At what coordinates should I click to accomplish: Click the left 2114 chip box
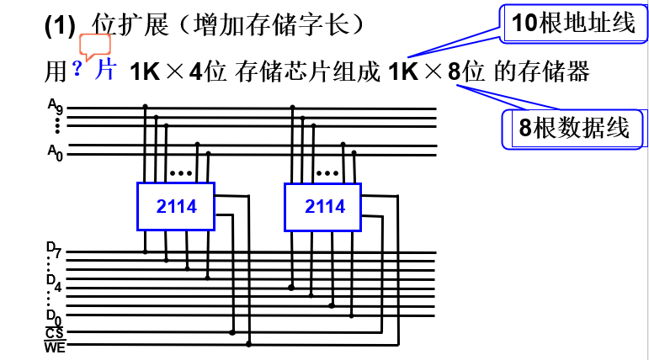pyautogui.click(x=176, y=206)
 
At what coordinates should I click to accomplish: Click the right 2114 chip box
pyautogui.click(x=323, y=206)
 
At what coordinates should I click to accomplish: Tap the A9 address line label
pyautogui.click(x=55, y=107)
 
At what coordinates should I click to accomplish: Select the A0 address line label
pyautogui.click(x=55, y=152)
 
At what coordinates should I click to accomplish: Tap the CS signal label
pyautogui.click(x=55, y=333)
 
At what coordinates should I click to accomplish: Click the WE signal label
pyautogui.click(x=55, y=346)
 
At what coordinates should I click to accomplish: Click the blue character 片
pyautogui.click(x=105, y=70)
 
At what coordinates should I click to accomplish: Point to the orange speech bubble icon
pyautogui.click(x=94, y=45)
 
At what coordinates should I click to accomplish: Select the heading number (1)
pyautogui.click(x=60, y=25)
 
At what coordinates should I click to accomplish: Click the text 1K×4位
pyautogui.click(x=178, y=71)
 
